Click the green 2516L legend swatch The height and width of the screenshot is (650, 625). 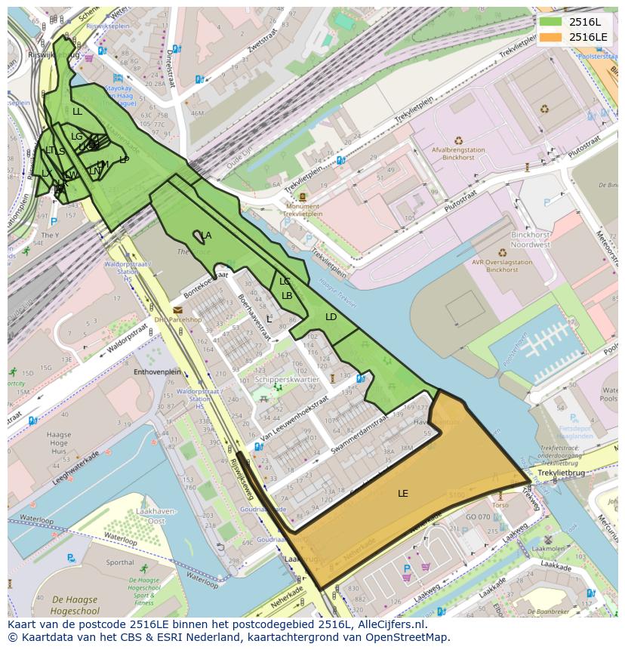coord(551,21)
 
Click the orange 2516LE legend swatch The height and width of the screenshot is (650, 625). coord(551,36)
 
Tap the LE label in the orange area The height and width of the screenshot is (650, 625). coord(403,493)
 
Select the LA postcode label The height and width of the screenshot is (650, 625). coord(206,236)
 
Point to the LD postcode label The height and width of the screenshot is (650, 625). coord(331,317)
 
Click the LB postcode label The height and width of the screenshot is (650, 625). coord(287,296)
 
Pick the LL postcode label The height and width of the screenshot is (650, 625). coord(77,112)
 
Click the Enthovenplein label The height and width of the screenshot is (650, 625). coord(157,372)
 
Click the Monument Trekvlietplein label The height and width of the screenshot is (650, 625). coord(303,210)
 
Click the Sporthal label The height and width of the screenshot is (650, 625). coord(120,562)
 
